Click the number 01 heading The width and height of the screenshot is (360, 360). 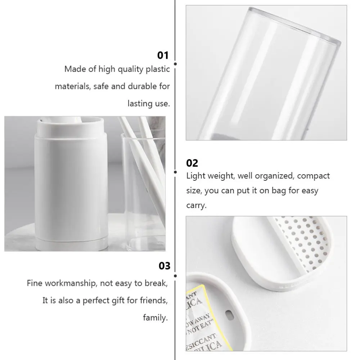(163, 55)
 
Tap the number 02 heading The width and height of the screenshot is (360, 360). (192, 163)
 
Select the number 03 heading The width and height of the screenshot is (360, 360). (165, 266)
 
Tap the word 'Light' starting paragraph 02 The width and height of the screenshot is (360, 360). (195, 176)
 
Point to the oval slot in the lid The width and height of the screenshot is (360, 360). (228, 315)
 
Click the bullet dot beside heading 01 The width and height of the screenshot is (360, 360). (175, 64)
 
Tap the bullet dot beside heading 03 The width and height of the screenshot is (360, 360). (175, 276)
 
